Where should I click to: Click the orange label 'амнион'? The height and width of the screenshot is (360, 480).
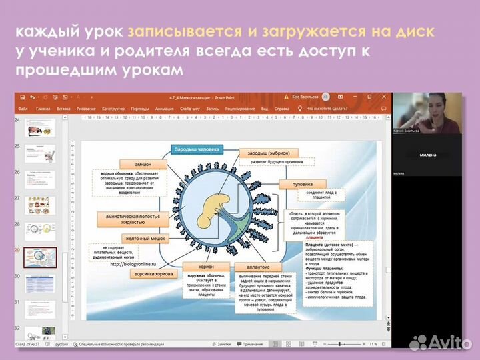[x=143, y=164]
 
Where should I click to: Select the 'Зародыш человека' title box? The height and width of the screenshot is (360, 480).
[x=196, y=149]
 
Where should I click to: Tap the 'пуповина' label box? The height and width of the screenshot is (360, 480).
[x=303, y=183]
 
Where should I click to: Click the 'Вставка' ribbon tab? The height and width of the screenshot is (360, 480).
[x=64, y=108]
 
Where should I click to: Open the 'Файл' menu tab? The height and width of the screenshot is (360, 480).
[x=23, y=108]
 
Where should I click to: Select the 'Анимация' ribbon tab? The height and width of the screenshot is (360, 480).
[x=164, y=108]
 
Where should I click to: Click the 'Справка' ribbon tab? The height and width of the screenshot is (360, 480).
[x=282, y=108]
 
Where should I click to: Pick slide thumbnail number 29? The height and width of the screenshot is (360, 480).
[x=41, y=257]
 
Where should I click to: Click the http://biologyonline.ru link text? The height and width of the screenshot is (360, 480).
[x=137, y=262]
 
